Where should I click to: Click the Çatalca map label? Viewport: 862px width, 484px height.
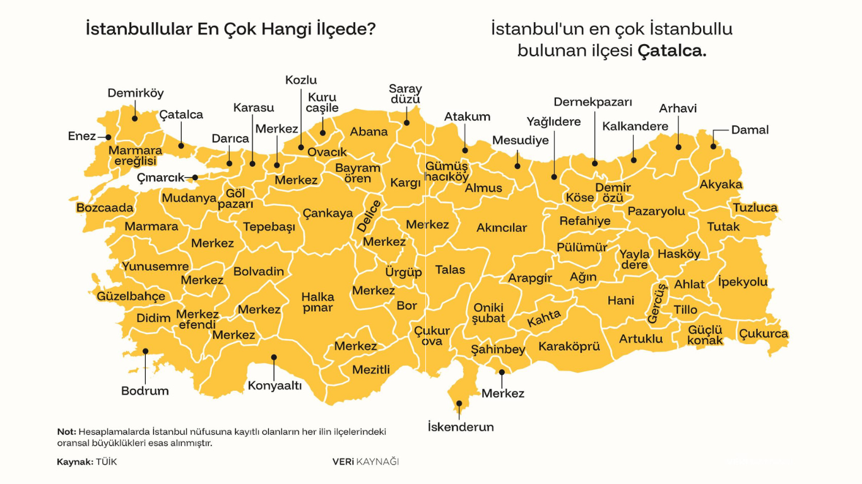[181, 115]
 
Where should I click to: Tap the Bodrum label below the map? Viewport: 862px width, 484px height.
[145, 391]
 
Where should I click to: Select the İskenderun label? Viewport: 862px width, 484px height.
[461, 427]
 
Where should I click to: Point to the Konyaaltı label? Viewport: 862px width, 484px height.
[275, 386]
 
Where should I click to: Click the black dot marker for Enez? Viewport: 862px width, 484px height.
[108, 137]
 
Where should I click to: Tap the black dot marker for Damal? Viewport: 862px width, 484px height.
[713, 146]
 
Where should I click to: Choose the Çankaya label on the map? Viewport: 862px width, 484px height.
[328, 213]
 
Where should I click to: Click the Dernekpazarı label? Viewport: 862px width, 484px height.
[593, 102]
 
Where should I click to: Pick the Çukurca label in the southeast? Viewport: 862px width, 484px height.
[764, 333]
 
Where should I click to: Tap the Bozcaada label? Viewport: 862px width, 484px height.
[105, 208]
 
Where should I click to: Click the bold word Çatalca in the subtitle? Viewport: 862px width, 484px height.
[671, 51]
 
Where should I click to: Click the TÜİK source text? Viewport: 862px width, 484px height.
[106, 462]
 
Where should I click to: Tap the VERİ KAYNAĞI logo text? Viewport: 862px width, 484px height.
[365, 462]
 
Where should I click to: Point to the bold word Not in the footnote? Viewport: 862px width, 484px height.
[66, 432]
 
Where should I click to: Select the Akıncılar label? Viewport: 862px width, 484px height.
[501, 228]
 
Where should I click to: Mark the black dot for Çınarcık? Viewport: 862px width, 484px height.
[195, 178]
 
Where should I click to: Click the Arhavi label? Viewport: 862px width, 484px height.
[678, 108]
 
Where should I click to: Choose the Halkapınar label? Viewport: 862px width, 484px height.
[317, 302]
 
